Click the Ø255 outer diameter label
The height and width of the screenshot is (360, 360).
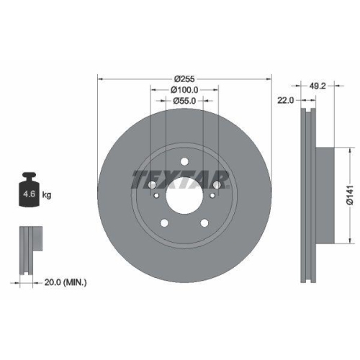[184, 78]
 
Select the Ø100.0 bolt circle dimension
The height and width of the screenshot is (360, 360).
[184, 90]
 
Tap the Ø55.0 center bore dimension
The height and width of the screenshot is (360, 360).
[184, 102]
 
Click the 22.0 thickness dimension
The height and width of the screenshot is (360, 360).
[286, 101]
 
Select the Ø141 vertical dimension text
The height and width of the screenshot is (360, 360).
[348, 194]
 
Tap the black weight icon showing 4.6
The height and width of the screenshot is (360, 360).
[29, 191]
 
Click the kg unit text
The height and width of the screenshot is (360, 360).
[47, 195]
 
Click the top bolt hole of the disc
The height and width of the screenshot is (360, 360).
[184, 162]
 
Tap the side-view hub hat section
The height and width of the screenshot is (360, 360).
[324, 194]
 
